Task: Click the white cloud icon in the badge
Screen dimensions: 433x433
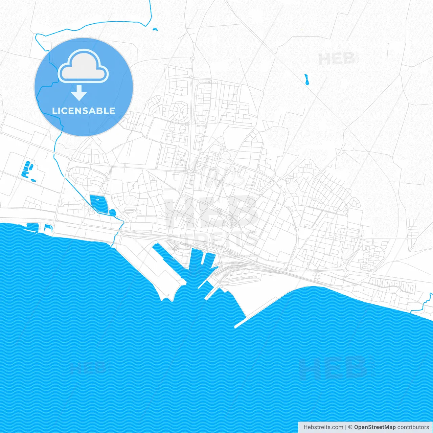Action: [83, 66]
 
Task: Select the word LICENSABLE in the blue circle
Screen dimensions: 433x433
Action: [84, 111]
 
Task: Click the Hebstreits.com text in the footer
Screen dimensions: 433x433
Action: [323, 427]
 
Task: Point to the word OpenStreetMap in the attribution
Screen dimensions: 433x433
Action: [375, 427]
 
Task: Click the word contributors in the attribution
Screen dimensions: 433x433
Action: [413, 427]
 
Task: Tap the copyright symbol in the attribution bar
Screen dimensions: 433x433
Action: [350, 427]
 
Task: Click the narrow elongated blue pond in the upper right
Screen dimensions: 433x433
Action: [307, 80]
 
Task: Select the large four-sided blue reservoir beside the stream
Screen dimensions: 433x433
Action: [98, 203]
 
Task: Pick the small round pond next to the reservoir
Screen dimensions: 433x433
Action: [112, 213]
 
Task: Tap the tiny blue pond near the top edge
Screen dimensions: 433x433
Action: [155, 29]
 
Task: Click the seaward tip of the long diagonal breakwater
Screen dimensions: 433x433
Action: [236, 327]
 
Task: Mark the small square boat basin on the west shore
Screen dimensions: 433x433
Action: [48, 227]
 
